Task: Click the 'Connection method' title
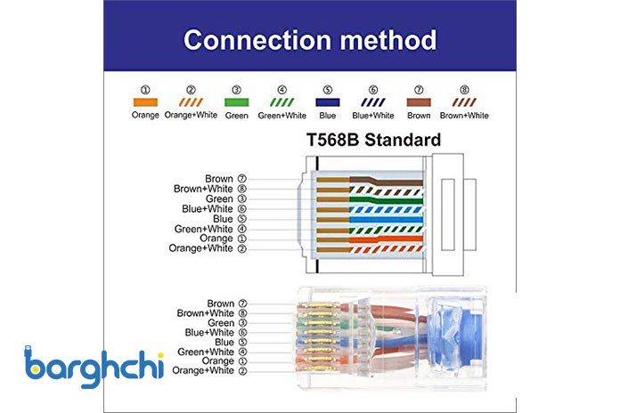[310, 40]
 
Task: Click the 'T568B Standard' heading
[373, 140]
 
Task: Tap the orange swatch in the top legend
[145, 102]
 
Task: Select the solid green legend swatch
[236, 102]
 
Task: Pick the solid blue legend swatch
[328, 102]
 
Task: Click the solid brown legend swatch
[419, 102]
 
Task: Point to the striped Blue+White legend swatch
[373, 102]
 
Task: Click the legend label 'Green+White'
[281, 116]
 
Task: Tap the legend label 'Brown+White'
[464, 116]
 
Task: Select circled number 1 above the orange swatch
[145, 90]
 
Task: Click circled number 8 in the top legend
[464, 90]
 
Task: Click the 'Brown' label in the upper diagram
[218, 179]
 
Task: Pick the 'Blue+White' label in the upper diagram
[208, 208]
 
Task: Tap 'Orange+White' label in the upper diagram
[200, 248]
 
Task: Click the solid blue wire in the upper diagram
[386, 220]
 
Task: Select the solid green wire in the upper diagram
[386, 199]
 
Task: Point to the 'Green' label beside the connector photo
[221, 323]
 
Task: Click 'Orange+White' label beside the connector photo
[203, 370]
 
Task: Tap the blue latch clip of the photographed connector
[454, 336]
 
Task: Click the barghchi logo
[94, 367]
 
